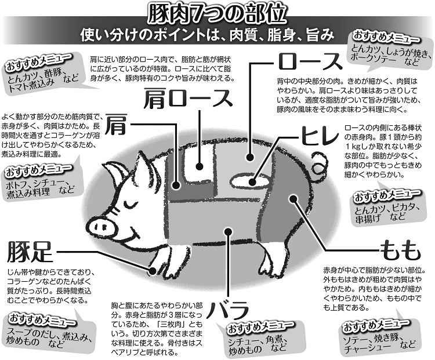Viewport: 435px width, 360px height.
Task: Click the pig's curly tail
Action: tap(320, 160)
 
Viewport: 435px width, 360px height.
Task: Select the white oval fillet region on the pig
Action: tap(249, 181)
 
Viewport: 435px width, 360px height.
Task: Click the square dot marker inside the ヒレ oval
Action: tap(253, 182)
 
